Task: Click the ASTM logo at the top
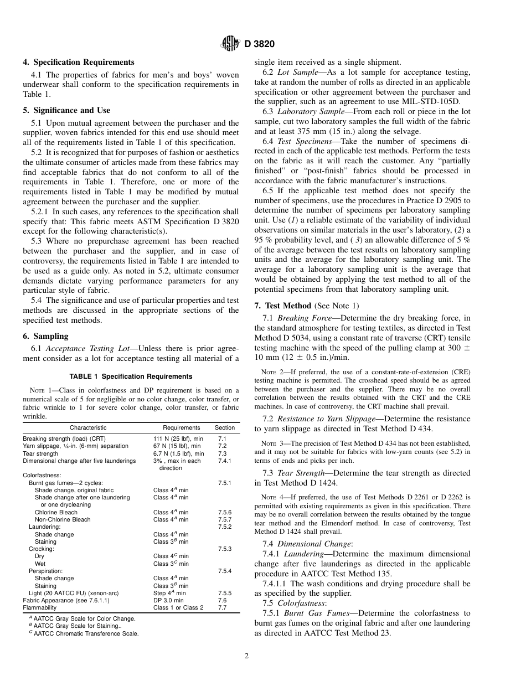pos(230,43)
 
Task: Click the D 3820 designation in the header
pos(260,44)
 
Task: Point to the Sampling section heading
pos(51,336)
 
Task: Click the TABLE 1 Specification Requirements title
pos(131,376)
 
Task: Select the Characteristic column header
pos(88,428)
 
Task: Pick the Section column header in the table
pos(225,428)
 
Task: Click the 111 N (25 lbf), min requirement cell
pos(178,438)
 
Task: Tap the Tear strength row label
pos(40,453)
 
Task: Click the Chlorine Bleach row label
pos(56,513)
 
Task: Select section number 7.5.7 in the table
pos(225,520)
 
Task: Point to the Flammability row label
pos(39,607)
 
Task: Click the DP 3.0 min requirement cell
pos(168,600)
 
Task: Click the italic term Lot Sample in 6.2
pos(297,73)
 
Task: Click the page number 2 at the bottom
pos(247,657)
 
